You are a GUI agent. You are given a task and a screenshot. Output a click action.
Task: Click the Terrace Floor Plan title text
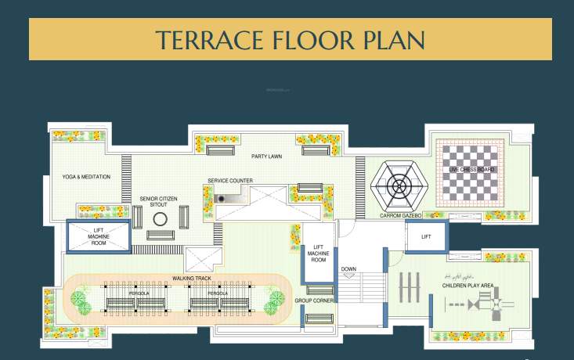pos(290,39)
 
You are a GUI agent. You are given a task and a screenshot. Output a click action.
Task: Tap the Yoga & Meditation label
pos(86,177)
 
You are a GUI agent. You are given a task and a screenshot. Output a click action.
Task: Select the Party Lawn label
pos(266,157)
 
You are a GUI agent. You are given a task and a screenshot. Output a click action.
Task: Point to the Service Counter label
pos(229,181)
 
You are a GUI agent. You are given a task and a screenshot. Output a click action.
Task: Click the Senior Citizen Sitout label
pos(159,202)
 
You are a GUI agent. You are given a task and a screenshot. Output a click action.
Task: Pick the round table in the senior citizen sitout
pos(160,219)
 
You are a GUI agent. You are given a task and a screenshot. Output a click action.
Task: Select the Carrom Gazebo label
pos(401,215)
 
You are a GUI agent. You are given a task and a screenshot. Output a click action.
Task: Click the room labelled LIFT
pos(426,236)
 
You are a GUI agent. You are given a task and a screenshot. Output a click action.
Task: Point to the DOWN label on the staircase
pos(348,269)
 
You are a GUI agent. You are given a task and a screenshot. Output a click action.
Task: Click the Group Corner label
pos(314,301)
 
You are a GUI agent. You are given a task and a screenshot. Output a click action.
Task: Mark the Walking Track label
pos(192,278)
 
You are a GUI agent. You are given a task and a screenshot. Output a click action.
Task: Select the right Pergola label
pos(218,293)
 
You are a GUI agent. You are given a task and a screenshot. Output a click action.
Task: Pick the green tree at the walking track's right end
pos(276,299)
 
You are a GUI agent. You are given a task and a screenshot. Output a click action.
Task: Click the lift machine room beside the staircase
pos(318,254)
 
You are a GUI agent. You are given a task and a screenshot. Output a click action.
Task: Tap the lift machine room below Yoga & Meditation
pos(98,236)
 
